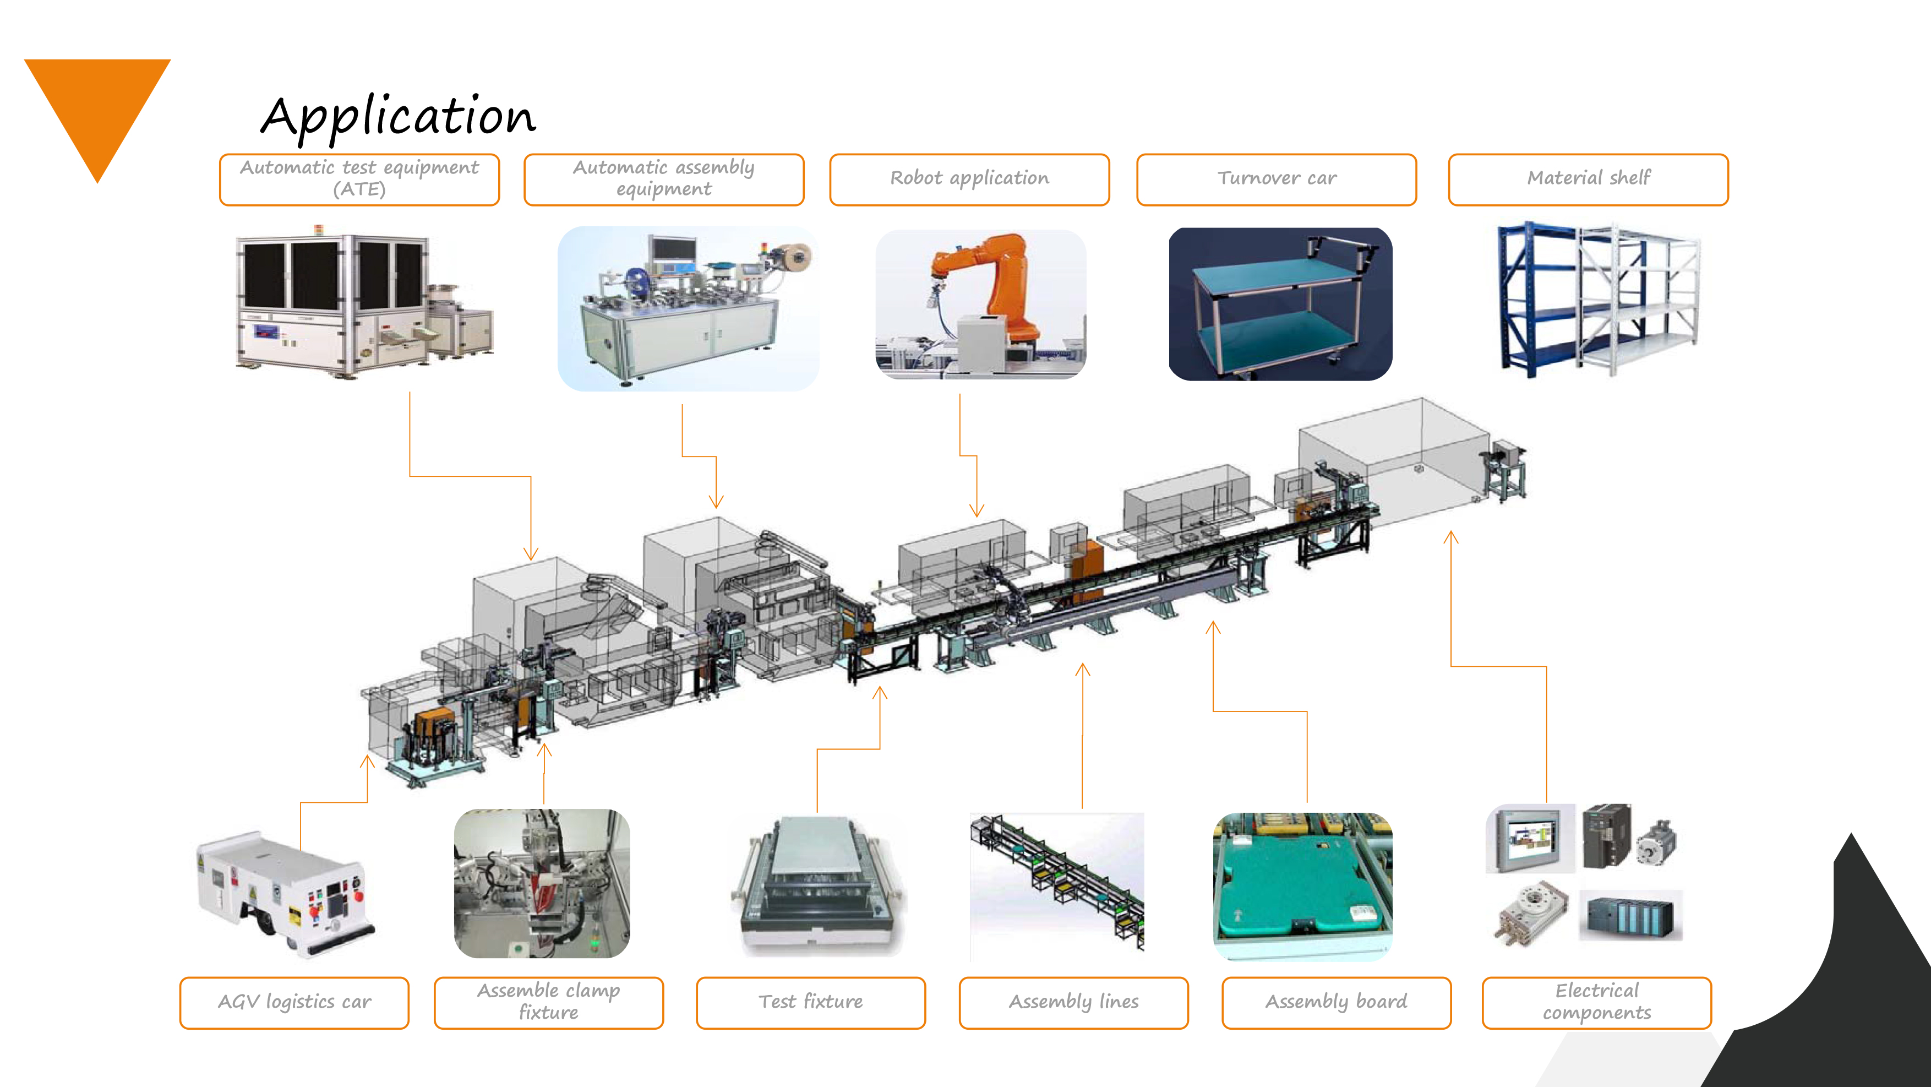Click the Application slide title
pos(398,116)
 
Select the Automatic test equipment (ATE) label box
pos(359,179)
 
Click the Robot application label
pos(969,179)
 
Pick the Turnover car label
pos(1277,179)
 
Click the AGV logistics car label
pos(294,1002)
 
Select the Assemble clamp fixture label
pos(549,1002)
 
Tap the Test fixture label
pos(810,1002)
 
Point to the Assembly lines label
pos(1073,1002)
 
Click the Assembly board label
pos(1337,1002)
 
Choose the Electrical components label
pos(1597,1002)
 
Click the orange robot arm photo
pos(980,303)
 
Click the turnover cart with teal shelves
pos(1280,303)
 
